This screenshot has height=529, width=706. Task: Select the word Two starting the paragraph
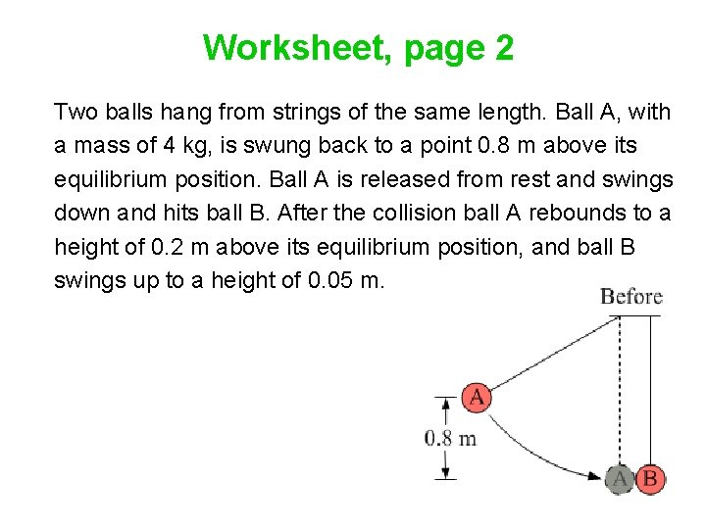coord(76,112)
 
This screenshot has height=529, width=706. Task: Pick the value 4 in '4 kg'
coord(168,145)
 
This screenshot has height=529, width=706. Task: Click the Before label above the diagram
coord(631,297)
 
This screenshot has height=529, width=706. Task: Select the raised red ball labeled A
coord(476,397)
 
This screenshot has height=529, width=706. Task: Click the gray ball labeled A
coord(620,479)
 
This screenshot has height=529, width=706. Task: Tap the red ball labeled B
coord(650,479)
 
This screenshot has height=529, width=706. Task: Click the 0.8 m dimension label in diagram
coord(451,438)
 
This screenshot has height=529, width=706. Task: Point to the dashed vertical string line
coord(620,392)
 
